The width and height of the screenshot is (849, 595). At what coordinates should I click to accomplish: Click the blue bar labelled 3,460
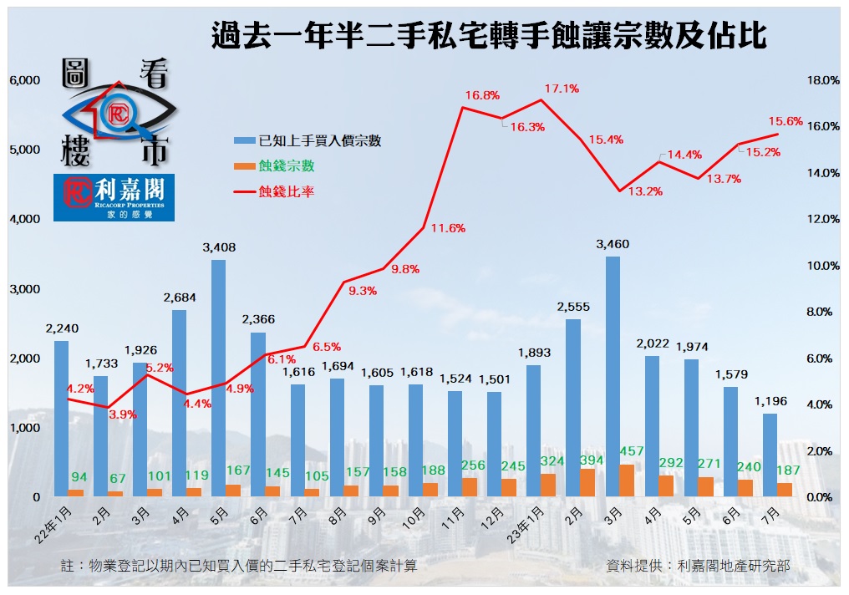[613, 376]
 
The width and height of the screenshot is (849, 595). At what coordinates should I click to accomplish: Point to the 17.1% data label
[562, 88]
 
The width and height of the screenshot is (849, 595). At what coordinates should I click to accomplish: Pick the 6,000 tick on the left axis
[24, 80]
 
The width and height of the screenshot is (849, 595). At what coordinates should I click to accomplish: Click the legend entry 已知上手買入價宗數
[320, 140]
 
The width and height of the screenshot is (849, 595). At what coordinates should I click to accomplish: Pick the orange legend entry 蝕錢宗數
[287, 166]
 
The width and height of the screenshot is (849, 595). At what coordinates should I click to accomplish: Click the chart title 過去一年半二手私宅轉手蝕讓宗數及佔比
[489, 37]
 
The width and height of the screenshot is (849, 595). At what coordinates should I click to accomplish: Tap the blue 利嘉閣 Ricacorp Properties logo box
[114, 198]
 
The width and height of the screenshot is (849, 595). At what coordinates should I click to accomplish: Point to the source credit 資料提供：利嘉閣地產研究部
[698, 566]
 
